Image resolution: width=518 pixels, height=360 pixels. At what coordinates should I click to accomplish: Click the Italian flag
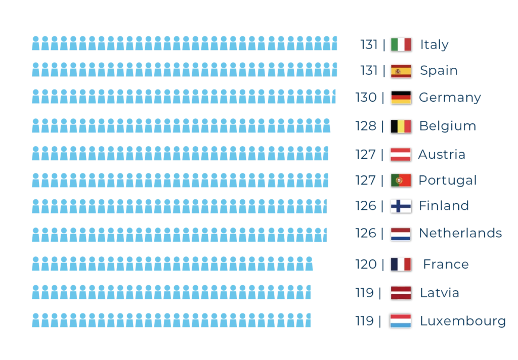coord(401,44)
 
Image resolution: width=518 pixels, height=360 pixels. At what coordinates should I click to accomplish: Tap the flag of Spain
coord(401,71)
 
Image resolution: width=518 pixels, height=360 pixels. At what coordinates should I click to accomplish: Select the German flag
coord(401,98)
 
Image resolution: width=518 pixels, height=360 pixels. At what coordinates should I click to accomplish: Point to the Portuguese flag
coord(401,180)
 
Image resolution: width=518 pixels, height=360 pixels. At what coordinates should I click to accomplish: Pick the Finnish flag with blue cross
coord(401,205)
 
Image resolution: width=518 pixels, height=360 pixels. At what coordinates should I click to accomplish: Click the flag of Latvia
coord(401,293)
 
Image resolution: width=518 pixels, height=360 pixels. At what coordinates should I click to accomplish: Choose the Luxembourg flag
coord(401,321)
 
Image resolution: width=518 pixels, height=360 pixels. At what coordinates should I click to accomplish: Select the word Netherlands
coord(460,233)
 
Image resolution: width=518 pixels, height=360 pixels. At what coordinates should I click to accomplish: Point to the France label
coord(445,264)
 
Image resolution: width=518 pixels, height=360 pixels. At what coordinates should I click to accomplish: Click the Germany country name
coord(450,98)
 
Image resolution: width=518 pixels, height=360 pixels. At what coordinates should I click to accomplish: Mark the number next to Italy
coord(369,45)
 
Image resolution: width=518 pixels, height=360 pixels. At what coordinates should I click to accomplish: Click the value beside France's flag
coord(366,264)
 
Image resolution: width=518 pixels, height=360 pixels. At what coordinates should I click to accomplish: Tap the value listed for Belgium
coord(366,126)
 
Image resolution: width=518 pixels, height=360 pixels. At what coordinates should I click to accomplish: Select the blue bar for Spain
coord(185,69)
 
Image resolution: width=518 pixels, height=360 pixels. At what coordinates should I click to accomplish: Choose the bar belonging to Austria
coord(181,154)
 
